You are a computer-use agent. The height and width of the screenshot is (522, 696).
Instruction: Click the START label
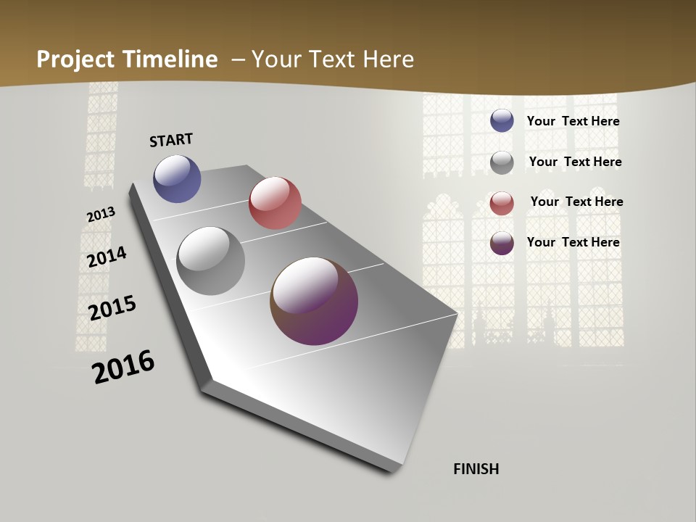tap(171, 140)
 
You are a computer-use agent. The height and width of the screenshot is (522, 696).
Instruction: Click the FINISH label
tap(476, 469)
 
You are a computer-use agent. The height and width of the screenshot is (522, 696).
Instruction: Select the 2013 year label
tap(101, 215)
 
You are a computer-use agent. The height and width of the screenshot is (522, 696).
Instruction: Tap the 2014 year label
tap(107, 257)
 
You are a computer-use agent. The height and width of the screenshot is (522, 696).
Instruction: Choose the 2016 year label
tap(123, 367)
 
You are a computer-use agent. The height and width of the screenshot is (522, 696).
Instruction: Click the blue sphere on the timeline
tap(177, 178)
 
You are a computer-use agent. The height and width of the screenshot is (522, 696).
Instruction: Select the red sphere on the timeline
tap(275, 203)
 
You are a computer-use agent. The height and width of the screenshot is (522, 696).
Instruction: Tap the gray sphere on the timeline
tap(211, 261)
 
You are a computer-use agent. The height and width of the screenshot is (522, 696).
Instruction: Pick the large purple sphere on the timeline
tap(314, 301)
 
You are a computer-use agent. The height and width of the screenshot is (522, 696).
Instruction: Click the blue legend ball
tap(502, 120)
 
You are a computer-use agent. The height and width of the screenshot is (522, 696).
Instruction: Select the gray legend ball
tap(502, 162)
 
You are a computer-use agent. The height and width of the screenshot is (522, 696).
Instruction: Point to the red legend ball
tap(502, 202)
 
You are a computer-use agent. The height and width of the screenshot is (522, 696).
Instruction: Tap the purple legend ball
tap(502, 243)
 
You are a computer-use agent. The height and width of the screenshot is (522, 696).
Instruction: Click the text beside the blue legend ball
tap(573, 121)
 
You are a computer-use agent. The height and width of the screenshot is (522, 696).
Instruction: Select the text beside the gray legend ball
tap(575, 162)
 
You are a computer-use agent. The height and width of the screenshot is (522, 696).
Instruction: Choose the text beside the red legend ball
tap(576, 202)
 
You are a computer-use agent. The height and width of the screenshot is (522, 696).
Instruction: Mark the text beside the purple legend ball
tap(573, 242)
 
